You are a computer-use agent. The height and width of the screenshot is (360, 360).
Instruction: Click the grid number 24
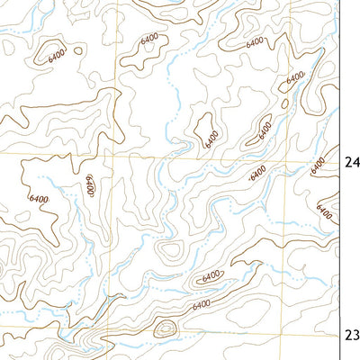pyautogui.click(x=352, y=163)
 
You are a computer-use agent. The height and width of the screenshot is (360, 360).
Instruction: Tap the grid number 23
pyautogui.click(x=352, y=335)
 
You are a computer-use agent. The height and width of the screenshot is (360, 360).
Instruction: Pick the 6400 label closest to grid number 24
pyautogui.click(x=316, y=166)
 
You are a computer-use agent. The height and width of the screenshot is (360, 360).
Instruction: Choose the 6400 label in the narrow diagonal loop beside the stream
pyautogui.click(x=265, y=129)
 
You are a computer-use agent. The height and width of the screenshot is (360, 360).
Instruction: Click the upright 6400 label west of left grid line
pyautogui.click(x=90, y=186)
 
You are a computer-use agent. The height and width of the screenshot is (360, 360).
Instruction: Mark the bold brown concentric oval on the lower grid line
pyautogui.click(x=164, y=329)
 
